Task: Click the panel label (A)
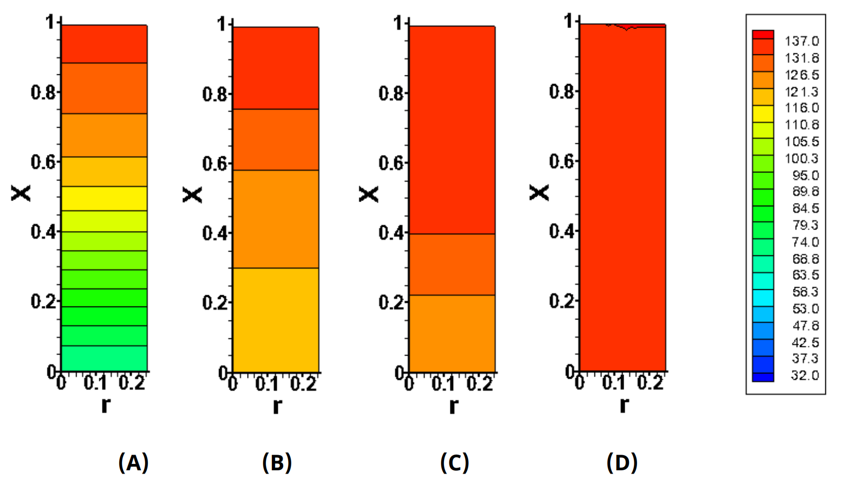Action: click(133, 462)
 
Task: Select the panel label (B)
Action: click(277, 462)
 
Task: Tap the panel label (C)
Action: click(455, 462)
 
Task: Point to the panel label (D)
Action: click(622, 462)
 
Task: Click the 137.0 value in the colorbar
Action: click(802, 41)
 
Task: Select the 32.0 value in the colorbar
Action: click(805, 375)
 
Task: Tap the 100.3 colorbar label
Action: click(802, 158)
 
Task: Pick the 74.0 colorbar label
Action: click(805, 241)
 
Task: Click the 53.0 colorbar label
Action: click(805, 309)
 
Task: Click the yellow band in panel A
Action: click(104, 198)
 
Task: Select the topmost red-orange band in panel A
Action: click(104, 44)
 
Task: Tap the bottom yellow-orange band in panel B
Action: click(276, 320)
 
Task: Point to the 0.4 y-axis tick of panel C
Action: click(392, 233)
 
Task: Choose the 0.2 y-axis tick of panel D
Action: click(562, 301)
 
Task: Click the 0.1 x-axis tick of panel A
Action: click(94, 383)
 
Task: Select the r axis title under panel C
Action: click(454, 406)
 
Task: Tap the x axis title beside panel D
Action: click(539, 193)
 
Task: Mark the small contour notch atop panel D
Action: click(627, 27)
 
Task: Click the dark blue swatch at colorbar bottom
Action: click(763, 377)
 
